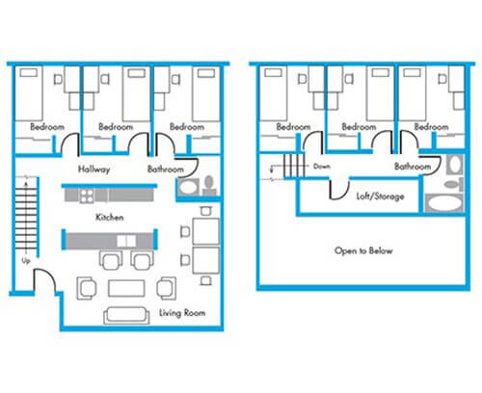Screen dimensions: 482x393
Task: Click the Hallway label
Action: pos(94,170)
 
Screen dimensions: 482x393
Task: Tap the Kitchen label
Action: pos(110,218)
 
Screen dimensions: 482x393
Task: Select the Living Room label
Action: pos(182,313)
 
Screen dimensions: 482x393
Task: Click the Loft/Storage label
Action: pos(380,196)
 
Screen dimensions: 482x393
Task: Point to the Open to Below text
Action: pos(363,250)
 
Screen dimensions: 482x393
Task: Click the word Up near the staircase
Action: pos(26,261)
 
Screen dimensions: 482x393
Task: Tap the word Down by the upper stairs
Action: pos(322,167)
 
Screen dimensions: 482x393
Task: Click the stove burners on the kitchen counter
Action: pos(87,196)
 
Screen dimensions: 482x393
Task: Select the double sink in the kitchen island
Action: pos(126,241)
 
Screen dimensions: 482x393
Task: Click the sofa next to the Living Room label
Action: pos(126,315)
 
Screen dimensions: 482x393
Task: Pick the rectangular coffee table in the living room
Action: pos(126,288)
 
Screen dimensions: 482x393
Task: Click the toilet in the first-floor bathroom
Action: pos(209,186)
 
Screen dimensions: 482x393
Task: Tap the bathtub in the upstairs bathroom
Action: pos(443,203)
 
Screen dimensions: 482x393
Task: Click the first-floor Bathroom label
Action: pos(166,169)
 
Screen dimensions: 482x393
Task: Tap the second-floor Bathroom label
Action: pos(413,167)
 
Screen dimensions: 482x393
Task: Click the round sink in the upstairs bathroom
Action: pos(454,164)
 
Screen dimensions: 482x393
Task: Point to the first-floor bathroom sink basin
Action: pos(188,187)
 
